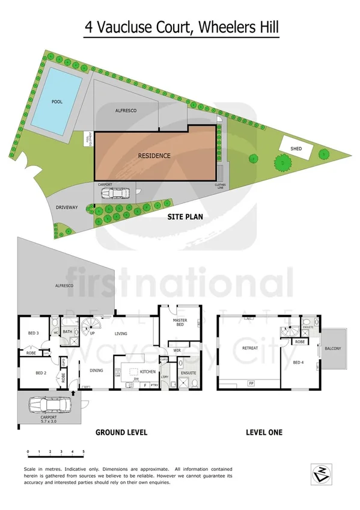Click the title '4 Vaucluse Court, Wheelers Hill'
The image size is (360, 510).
[180, 28]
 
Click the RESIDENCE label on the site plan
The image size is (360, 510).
[154, 156]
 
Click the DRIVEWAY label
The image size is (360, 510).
[67, 207]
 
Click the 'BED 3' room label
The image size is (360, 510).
[34, 333]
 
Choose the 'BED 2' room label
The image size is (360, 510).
[41, 373]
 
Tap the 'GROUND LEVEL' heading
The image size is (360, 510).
[121, 432]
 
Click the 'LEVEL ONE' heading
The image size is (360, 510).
[264, 432]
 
